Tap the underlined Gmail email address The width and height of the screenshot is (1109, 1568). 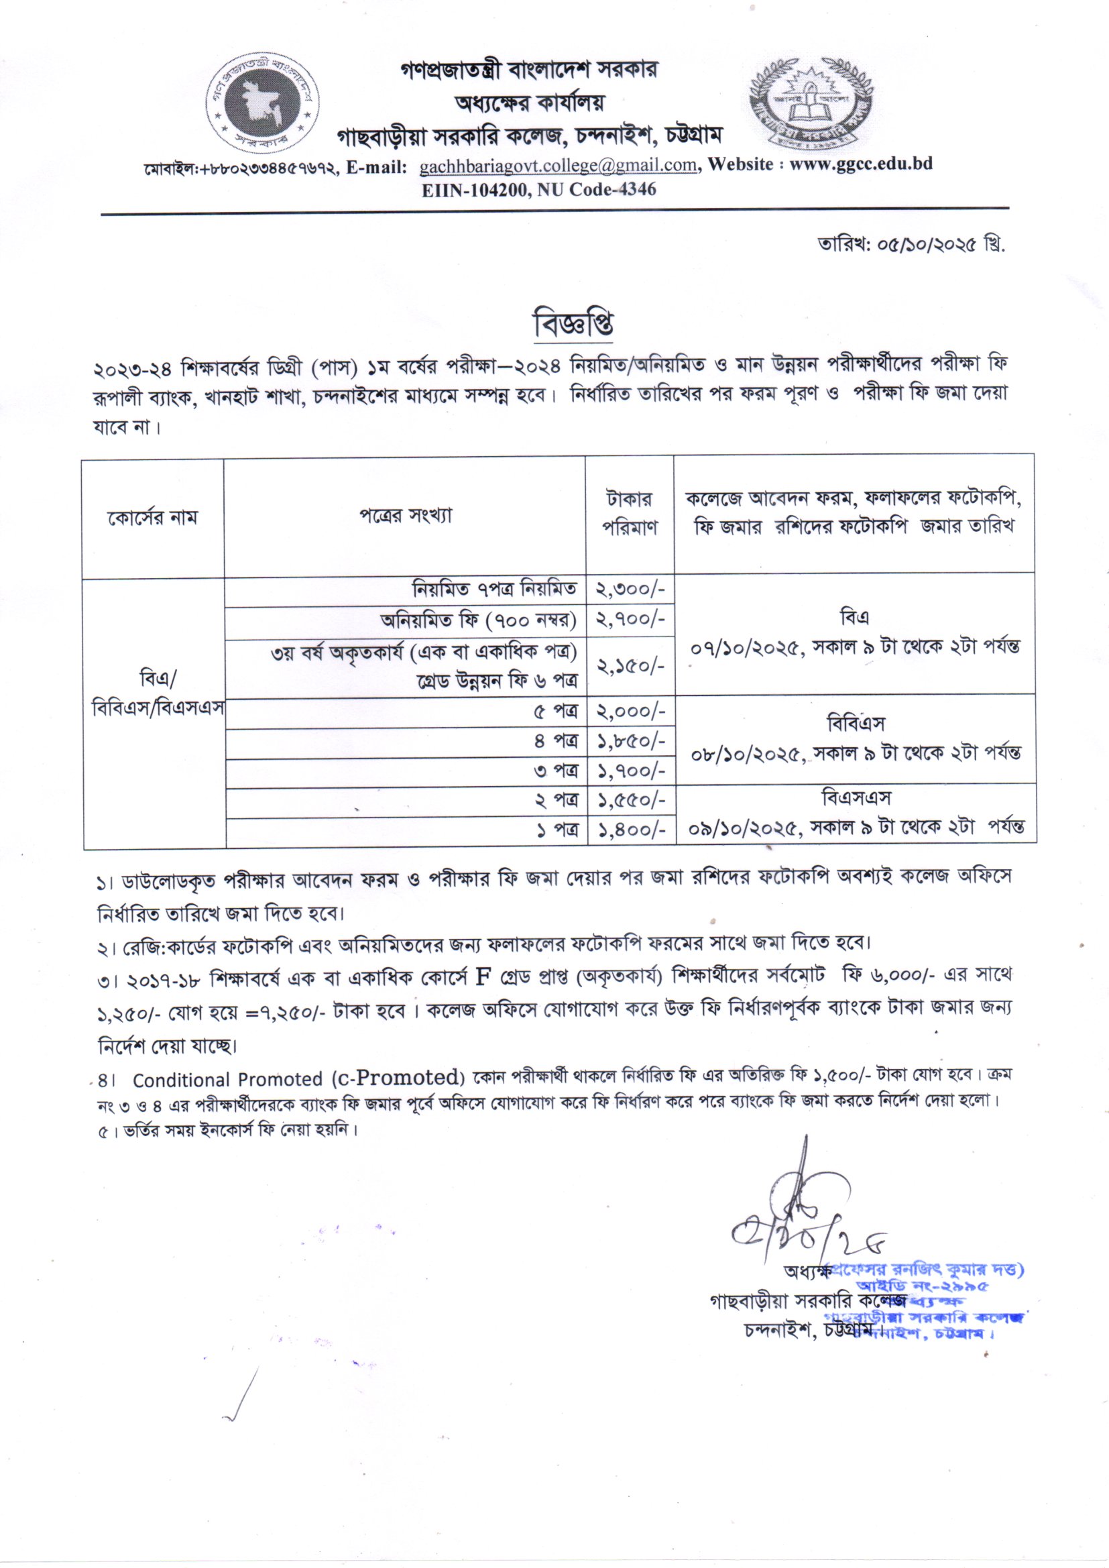click(558, 165)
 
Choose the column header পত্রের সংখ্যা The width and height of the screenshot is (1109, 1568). click(406, 515)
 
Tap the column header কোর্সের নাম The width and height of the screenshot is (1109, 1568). click(152, 517)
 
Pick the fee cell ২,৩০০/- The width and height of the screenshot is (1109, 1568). click(630, 588)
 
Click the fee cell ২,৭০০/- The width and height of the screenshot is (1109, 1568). click(630, 620)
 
